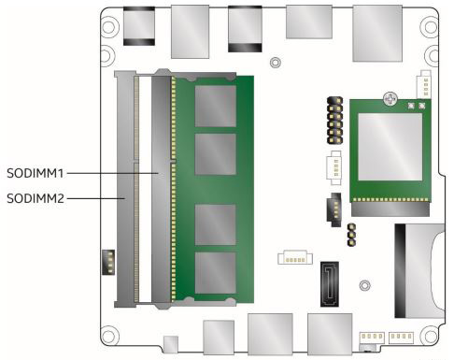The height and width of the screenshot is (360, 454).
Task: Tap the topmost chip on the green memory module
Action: click(x=214, y=102)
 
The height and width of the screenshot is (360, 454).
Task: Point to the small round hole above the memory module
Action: click(x=273, y=64)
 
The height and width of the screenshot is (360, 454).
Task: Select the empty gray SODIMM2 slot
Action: click(x=124, y=187)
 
